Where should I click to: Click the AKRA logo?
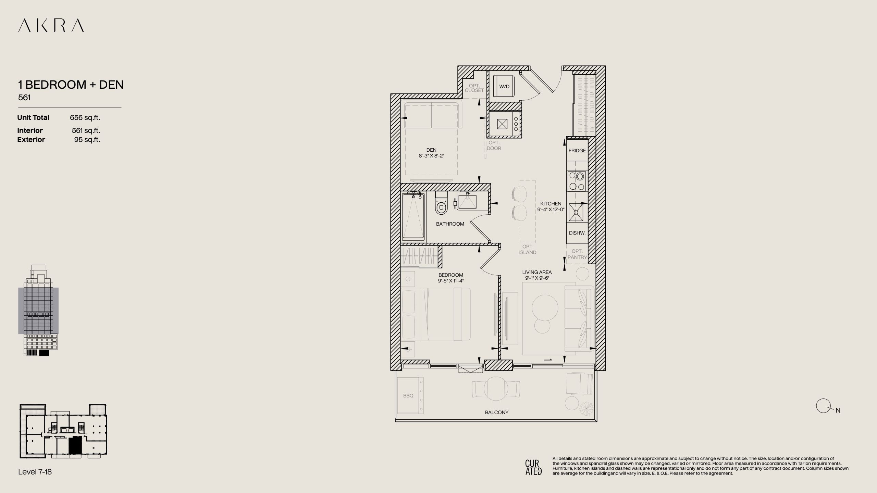point(51,26)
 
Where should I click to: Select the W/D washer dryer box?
point(504,87)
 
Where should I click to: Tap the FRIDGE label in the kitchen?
point(577,151)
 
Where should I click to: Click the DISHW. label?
point(577,233)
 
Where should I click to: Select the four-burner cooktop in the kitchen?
point(577,181)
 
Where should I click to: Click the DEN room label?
point(431,150)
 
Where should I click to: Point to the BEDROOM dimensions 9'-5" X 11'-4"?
point(450,281)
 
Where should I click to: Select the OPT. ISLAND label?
point(528,250)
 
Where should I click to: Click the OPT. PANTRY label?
point(577,254)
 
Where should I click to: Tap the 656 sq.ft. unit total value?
point(85,118)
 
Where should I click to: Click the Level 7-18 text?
point(35,472)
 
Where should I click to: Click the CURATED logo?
point(533,467)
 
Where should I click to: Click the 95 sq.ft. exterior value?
point(87,140)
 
